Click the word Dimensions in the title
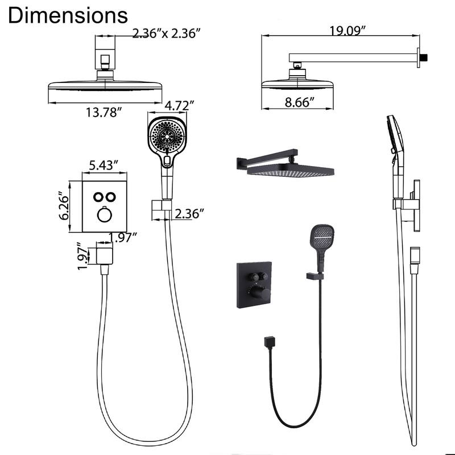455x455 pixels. click(x=68, y=15)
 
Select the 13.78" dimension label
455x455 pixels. click(x=104, y=112)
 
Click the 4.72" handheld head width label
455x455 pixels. click(x=180, y=105)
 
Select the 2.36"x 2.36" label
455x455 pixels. click(x=167, y=34)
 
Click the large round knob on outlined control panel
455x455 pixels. click(x=104, y=215)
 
